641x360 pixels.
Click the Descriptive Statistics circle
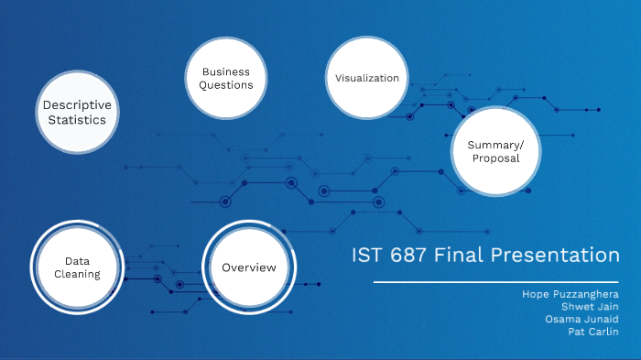(x=81, y=112)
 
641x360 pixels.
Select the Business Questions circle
(x=226, y=78)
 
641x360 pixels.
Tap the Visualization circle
(x=366, y=78)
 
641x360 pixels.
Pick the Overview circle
(x=249, y=267)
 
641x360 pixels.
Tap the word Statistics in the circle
(x=78, y=120)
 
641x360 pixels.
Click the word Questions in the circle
(x=226, y=85)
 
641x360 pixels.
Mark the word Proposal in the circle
(x=495, y=158)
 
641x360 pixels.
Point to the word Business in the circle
(x=226, y=71)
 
